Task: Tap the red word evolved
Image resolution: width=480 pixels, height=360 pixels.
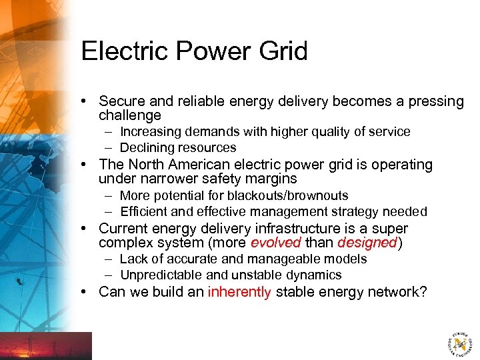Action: click(x=275, y=243)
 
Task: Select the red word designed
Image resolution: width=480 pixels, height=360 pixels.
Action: click(x=367, y=243)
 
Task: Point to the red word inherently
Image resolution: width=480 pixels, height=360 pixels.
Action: click(x=240, y=291)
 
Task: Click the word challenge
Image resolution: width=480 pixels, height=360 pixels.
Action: click(x=130, y=115)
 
